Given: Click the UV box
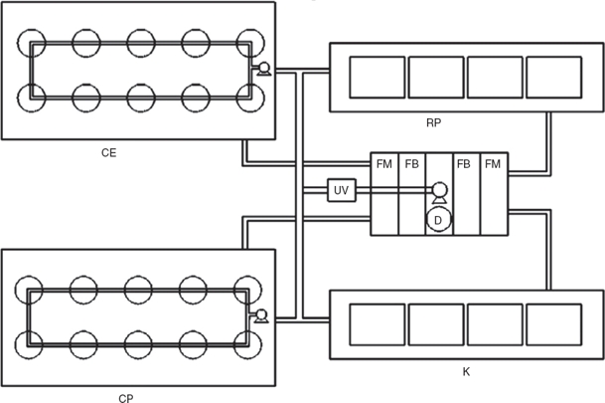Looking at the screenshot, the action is pyautogui.click(x=342, y=190).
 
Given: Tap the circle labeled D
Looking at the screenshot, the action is pyautogui.click(x=438, y=220).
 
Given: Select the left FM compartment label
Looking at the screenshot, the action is pyautogui.click(x=383, y=164).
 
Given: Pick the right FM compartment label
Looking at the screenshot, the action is pyautogui.click(x=493, y=164).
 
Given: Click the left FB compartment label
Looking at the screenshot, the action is pyautogui.click(x=411, y=164).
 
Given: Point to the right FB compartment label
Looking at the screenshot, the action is pyautogui.click(x=463, y=164).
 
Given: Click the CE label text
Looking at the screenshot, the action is pyautogui.click(x=109, y=153).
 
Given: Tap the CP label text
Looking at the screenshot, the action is pyautogui.click(x=126, y=398).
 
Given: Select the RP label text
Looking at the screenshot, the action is pyautogui.click(x=434, y=122).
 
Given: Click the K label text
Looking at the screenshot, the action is pyautogui.click(x=466, y=372).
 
